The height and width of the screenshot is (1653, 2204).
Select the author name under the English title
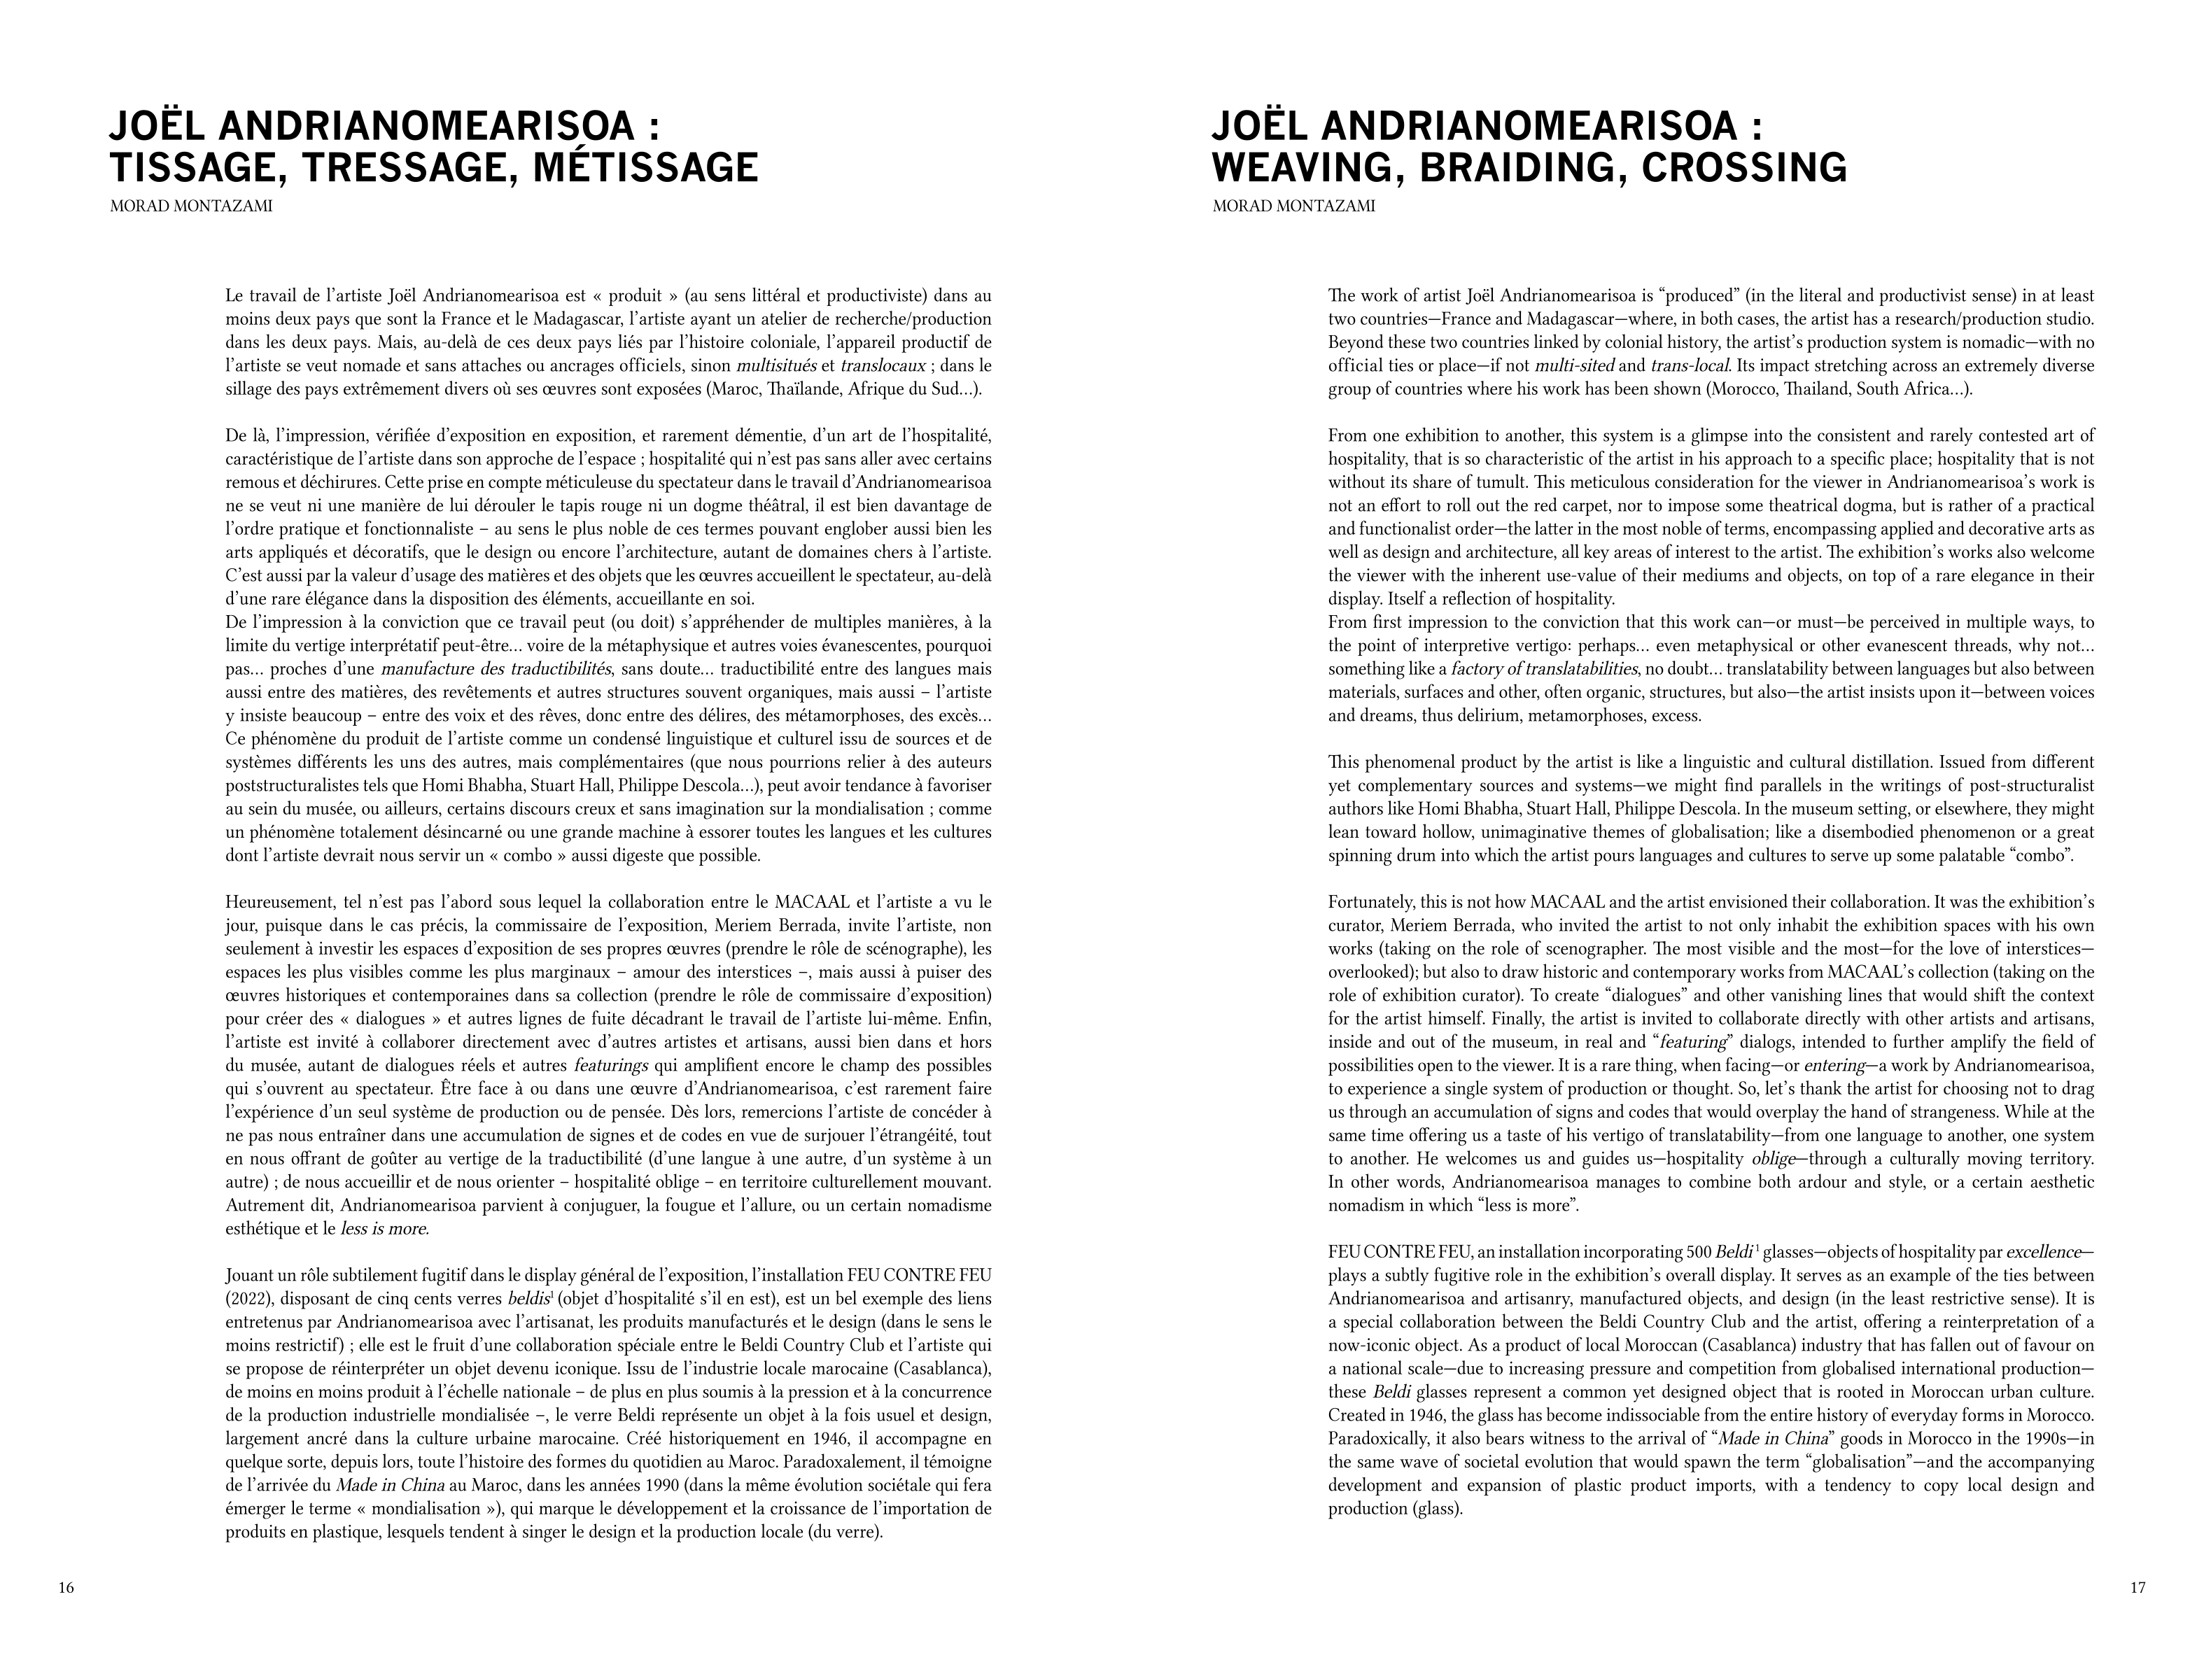pos(1293,207)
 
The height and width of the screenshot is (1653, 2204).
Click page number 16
pos(66,1588)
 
